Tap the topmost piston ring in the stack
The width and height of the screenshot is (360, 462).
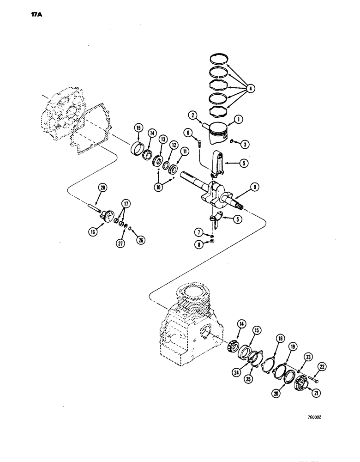[x=221, y=59]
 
